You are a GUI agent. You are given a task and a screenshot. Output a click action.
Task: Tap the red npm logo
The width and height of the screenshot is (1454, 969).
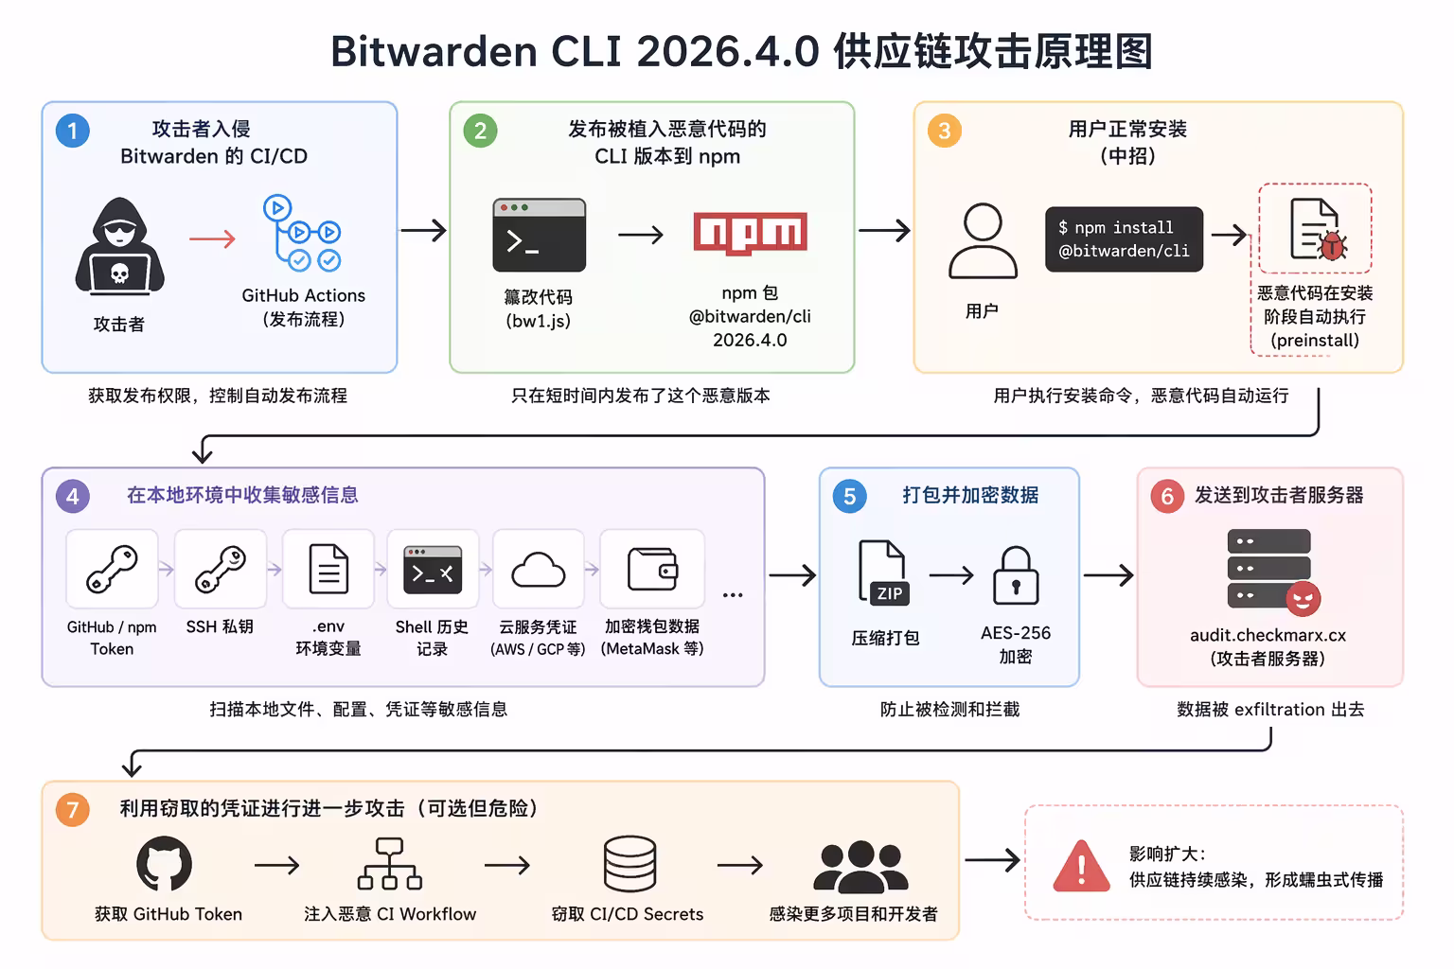point(750,233)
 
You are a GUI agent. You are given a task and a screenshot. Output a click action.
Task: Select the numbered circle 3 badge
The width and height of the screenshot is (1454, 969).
point(944,131)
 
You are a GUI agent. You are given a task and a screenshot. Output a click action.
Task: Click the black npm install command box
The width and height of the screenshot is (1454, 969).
point(1124,239)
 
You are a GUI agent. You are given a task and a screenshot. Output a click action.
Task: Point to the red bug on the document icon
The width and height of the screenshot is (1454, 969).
point(1333,246)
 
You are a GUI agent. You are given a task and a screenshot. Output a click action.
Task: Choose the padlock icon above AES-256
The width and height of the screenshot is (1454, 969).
point(1016,575)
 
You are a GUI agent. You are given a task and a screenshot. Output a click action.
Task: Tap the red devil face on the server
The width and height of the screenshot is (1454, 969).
point(1303,598)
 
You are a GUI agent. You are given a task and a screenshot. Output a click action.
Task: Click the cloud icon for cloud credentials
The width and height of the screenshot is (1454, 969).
point(538,570)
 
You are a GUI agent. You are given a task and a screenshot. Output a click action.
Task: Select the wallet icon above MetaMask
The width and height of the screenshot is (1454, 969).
point(652,570)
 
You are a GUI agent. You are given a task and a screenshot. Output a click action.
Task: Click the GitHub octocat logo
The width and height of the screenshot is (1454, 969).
point(165,864)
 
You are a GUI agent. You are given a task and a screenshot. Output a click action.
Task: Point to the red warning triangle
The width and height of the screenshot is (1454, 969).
point(1081,866)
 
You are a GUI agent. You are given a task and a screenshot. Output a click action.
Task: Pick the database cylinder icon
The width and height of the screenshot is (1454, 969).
point(629,864)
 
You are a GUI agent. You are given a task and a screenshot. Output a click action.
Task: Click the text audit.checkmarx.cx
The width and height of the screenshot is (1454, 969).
point(1268,635)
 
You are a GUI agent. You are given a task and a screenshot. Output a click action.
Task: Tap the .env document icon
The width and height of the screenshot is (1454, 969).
point(328,570)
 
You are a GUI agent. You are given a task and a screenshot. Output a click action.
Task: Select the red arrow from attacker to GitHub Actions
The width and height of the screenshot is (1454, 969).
point(212,238)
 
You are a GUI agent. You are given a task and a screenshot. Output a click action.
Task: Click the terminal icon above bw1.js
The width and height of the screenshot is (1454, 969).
point(540,235)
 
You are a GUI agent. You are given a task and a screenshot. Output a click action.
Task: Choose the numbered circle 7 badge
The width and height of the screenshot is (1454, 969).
point(73,810)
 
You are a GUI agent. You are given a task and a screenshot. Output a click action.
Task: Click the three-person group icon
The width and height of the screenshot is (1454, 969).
point(860,866)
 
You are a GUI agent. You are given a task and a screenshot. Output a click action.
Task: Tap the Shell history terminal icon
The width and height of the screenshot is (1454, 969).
point(433,570)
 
